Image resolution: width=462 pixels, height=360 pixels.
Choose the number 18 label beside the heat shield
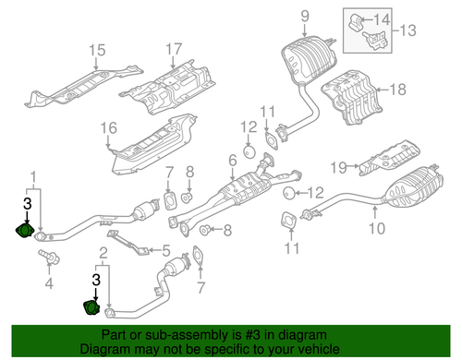397,90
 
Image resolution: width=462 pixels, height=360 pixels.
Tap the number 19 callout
338,166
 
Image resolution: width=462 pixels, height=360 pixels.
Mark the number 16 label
108,127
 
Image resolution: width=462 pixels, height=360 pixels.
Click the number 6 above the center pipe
231,161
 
